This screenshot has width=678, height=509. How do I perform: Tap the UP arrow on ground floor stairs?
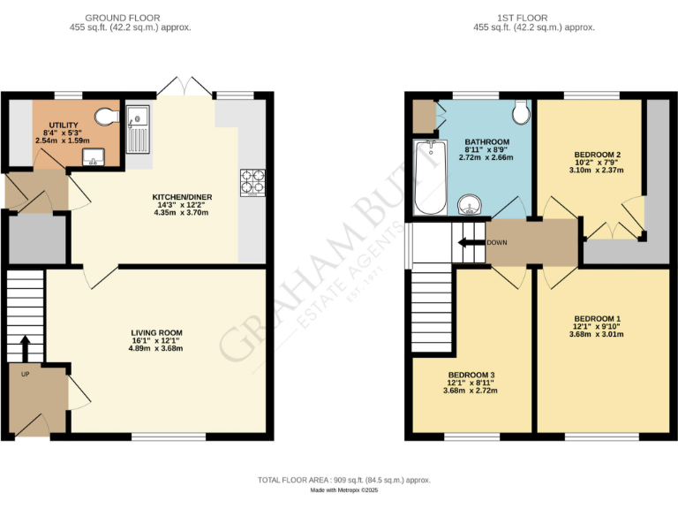coord(25,346)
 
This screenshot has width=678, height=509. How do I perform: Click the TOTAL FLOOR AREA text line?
coord(343,480)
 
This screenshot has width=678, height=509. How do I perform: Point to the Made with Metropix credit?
coord(343,491)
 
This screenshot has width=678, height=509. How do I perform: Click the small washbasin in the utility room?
coord(94,158)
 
